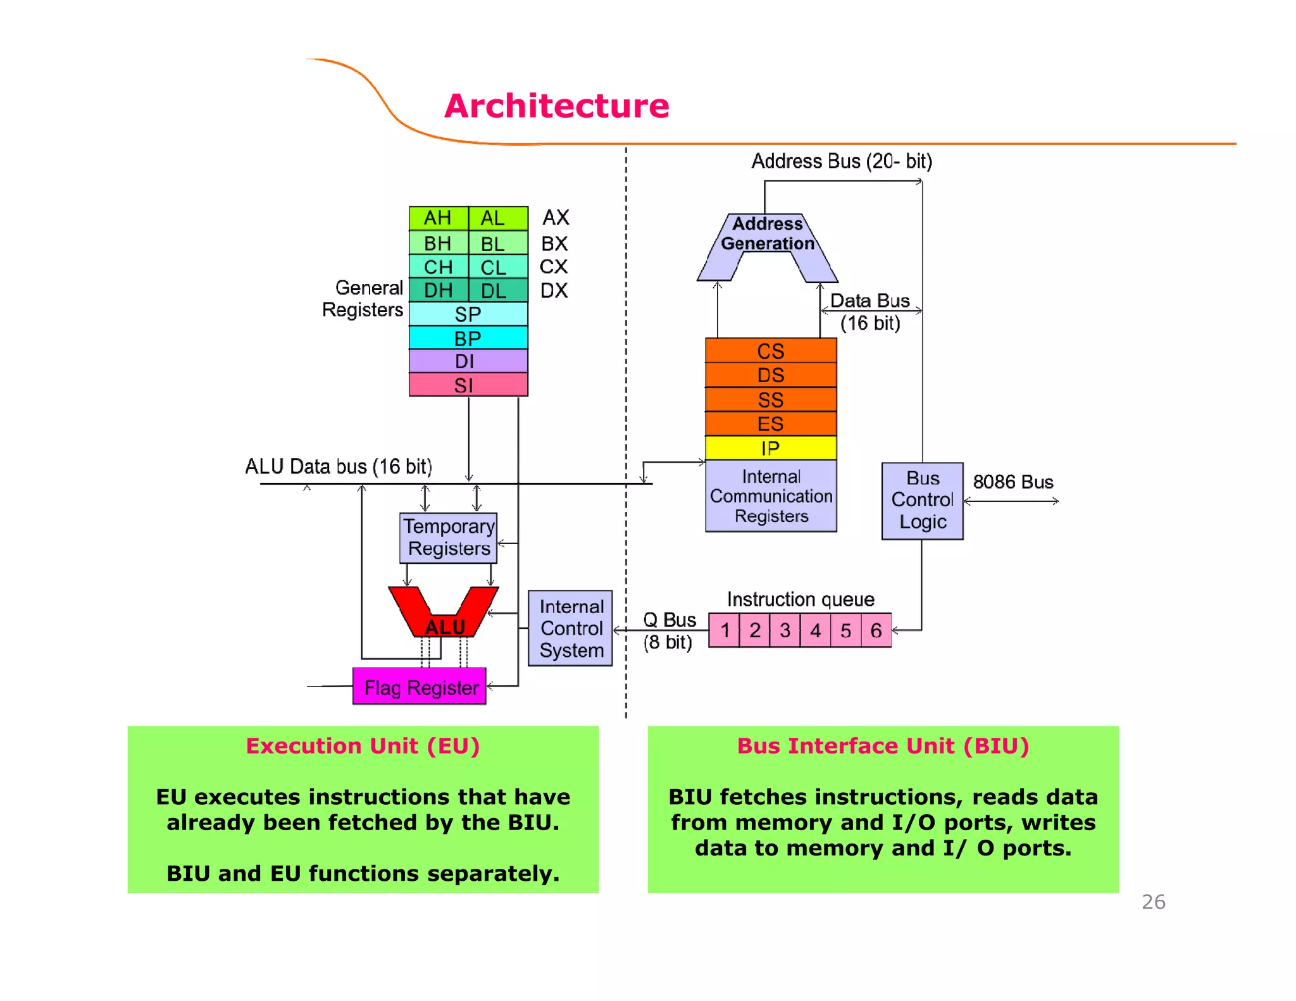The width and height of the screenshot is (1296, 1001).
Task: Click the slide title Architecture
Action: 556,106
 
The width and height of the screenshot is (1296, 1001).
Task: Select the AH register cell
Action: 438,218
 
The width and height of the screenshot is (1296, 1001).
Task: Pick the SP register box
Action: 468,314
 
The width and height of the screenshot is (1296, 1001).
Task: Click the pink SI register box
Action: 468,385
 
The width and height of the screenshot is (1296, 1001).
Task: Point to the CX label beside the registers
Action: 554,267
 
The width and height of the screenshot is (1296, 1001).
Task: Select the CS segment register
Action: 770,351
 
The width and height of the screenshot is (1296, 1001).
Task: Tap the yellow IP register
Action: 770,448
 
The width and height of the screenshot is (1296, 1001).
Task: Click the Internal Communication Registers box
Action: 770,496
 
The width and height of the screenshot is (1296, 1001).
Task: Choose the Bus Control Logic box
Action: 922,500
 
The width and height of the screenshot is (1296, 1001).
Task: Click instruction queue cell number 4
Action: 815,630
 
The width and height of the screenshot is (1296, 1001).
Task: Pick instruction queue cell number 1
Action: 725,630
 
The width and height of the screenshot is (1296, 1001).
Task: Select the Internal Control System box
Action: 570,628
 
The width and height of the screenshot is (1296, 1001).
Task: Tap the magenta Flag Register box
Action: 420,687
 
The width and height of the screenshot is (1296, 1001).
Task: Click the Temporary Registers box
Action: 448,538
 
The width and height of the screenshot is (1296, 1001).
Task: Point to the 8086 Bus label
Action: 1012,482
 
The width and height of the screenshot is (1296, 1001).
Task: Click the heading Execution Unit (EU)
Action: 363,746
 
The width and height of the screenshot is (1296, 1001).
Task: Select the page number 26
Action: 1153,902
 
